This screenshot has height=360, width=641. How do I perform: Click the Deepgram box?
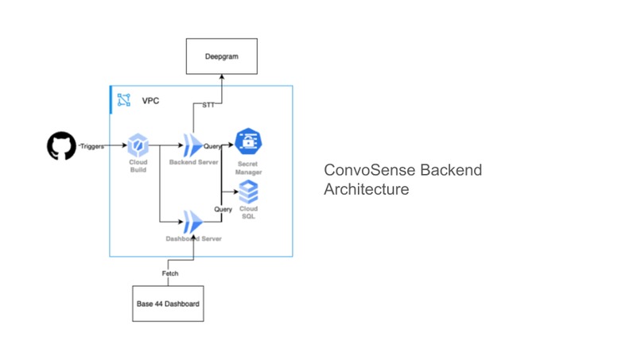(221, 58)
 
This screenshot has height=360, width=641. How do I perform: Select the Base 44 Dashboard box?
(168, 304)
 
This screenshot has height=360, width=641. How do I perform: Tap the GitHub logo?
(60, 146)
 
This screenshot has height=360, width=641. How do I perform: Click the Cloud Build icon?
(138, 145)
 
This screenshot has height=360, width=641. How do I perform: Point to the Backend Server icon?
(192, 145)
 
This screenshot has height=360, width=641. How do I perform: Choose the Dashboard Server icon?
(192, 222)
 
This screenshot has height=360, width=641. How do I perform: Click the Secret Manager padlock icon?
(249, 144)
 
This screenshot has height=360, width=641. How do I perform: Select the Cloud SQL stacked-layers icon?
(249, 192)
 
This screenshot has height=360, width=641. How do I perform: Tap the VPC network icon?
(124, 100)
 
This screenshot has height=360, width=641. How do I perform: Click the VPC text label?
(150, 101)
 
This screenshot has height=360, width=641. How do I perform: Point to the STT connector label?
(208, 105)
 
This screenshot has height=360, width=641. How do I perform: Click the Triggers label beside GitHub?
(91, 146)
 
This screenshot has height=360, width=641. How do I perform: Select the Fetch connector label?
(169, 273)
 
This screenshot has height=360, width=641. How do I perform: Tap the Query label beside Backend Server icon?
(212, 146)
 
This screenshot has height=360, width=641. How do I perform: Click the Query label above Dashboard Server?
(223, 209)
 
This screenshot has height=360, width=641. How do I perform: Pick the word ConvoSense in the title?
(369, 170)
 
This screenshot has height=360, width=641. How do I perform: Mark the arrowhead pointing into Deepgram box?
(221, 80)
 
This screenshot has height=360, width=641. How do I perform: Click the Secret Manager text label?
(248, 167)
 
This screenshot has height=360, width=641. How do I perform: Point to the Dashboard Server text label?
(194, 238)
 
